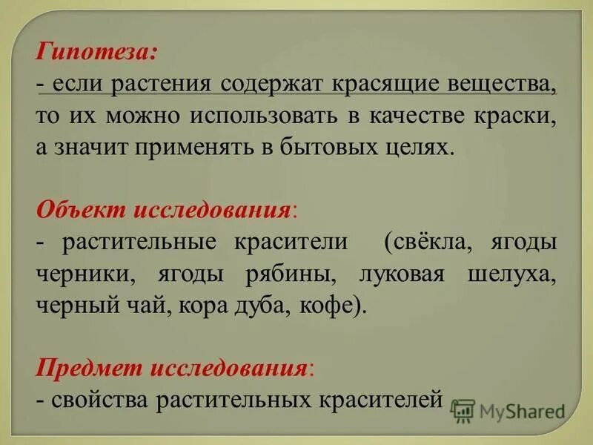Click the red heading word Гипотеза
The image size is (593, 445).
(x=95, y=53)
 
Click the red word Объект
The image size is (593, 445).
(x=81, y=208)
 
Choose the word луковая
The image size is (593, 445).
(x=401, y=274)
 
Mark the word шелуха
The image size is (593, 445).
(x=512, y=274)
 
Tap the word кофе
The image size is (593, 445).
(x=331, y=305)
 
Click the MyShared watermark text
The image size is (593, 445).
(x=522, y=411)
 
